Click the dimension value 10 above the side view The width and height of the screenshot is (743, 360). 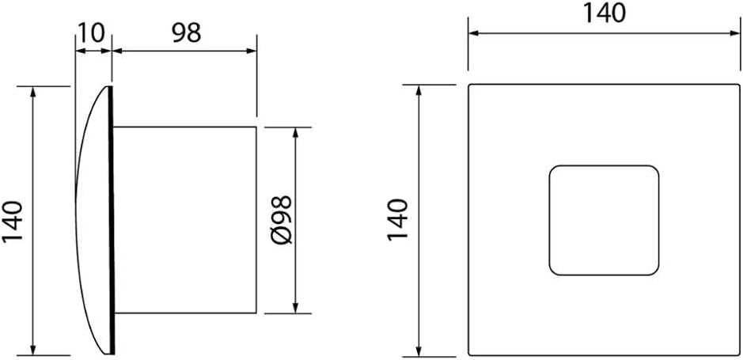(90, 34)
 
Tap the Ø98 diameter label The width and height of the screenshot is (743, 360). (282, 220)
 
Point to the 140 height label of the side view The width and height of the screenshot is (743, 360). (13, 222)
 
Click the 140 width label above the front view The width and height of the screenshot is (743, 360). (605, 13)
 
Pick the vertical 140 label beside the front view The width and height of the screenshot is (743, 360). (398, 220)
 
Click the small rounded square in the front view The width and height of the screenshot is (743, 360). (604, 220)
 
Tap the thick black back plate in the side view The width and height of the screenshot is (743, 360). (112, 220)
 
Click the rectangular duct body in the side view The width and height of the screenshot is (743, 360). (185, 220)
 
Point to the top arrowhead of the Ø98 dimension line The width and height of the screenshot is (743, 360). (295, 132)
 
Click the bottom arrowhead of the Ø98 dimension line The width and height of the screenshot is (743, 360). (295, 309)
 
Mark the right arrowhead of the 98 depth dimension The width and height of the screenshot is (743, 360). (251, 51)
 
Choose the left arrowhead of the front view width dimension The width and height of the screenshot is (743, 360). (474, 33)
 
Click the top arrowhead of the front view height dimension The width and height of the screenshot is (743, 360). (419, 90)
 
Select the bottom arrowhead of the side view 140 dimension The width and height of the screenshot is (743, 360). (32, 350)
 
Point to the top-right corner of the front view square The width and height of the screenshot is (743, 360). (739, 85)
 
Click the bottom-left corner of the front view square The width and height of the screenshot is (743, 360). (468, 354)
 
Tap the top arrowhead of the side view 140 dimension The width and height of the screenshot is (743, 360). (32, 92)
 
